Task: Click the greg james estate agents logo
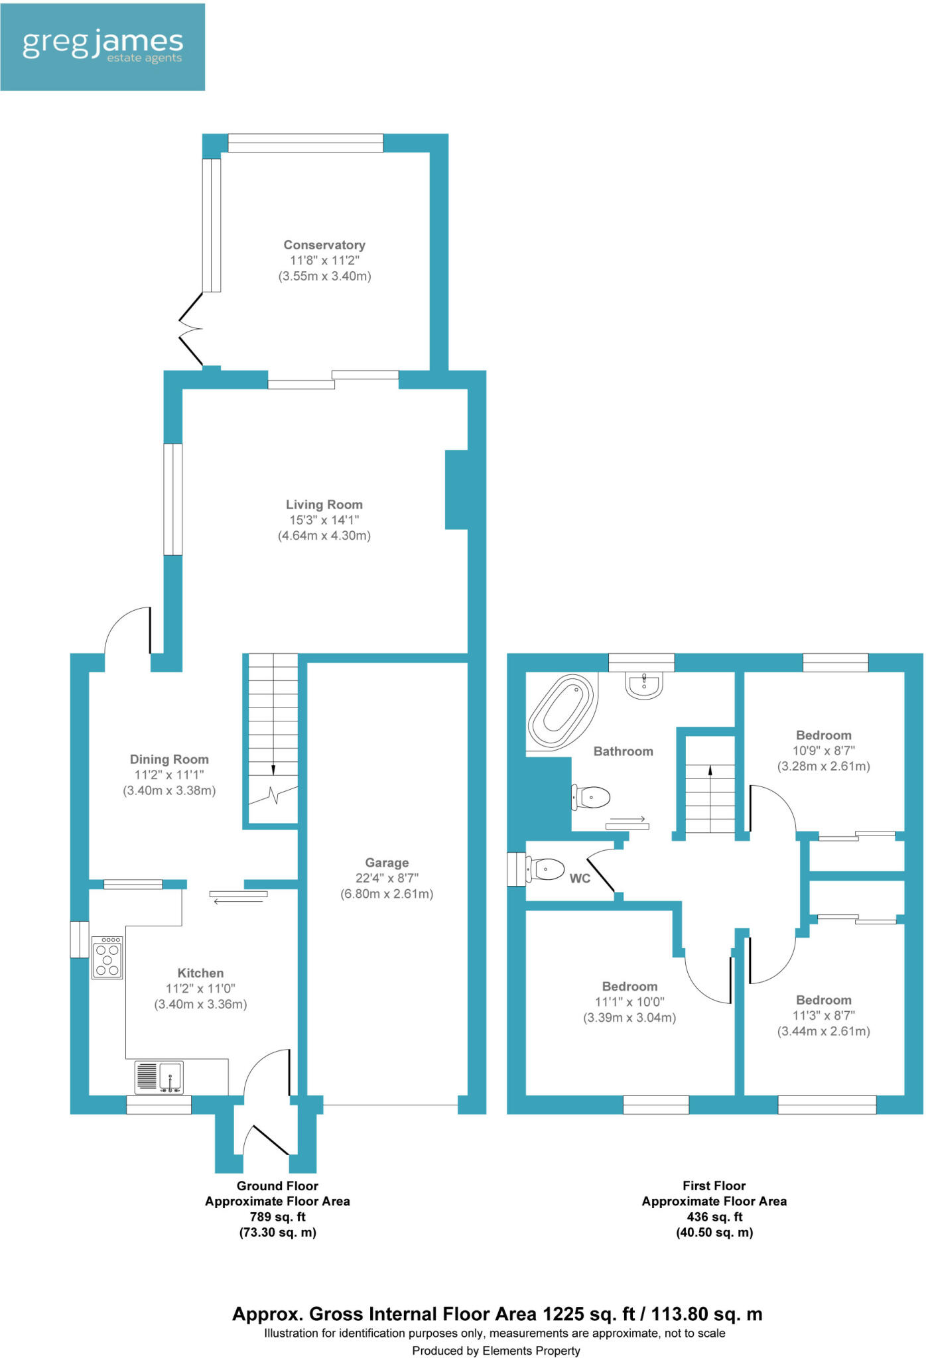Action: pyautogui.click(x=102, y=46)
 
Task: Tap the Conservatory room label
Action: pyautogui.click(x=324, y=245)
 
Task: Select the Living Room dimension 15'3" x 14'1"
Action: pyautogui.click(x=324, y=520)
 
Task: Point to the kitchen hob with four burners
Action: pyautogui.click(x=107, y=957)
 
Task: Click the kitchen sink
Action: pyautogui.click(x=159, y=1077)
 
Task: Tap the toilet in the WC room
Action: pyautogui.click(x=546, y=869)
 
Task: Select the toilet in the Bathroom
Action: pyautogui.click(x=591, y=798)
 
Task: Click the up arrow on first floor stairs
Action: pyautogui.click(x=710, y=771)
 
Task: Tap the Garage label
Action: pyautogui.click(x=387, y=863)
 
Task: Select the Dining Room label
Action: pyautogui.click(x=169, y=759)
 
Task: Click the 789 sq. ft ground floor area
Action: pyautogui.click(x=277, y=1217)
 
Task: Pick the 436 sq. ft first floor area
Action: pyautogui.click(x=714, y=1217)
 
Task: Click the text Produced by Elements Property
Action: pyautogui.click(x=496, y=1351)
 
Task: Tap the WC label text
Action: pyautogui.click(x=580, y=879)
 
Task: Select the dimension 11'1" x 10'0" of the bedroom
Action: pyautogui.click(x=629, y=1002)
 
